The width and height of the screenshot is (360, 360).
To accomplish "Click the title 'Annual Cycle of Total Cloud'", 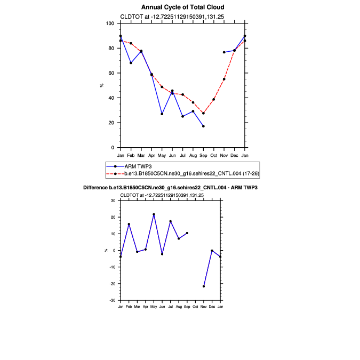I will pyautogui.click(x=183, y=7).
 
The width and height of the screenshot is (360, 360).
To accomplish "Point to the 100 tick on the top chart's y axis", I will pyautogui.click(x=110, y=23).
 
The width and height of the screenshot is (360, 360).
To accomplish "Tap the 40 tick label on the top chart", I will pyautogui.click(x=111, y=98).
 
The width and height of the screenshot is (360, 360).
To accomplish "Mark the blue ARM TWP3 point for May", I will pyautogui.click(x=162, y=114).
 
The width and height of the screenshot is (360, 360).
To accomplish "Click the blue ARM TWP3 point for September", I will pyautogui.click(x=203, y=126).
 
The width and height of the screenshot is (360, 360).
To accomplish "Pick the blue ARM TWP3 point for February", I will pyautogui.click(x=131, y=63).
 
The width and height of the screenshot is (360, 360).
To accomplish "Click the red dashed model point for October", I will pyautogui.click(x=214, y=99).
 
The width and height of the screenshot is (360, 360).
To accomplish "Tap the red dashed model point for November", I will pyautogui.click(x=224, y=79).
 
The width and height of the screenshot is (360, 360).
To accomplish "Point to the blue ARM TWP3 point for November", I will pyautogui.click(x=224, y=52).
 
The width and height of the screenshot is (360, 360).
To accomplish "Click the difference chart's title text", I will pyautogui.click(x=171, y=188).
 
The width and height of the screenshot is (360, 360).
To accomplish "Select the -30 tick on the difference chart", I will pyautogui.click(x=113, y=300).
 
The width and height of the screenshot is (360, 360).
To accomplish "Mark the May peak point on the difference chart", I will pyautogui.click(x=154, y=214).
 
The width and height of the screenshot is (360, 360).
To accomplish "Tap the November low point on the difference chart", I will pyautogui.click(x=204, y=286).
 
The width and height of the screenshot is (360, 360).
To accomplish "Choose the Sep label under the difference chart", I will pyautogui.click(x=187, y=307).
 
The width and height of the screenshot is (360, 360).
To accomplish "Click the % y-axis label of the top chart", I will pyautogui.click(x=101, y=85).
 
